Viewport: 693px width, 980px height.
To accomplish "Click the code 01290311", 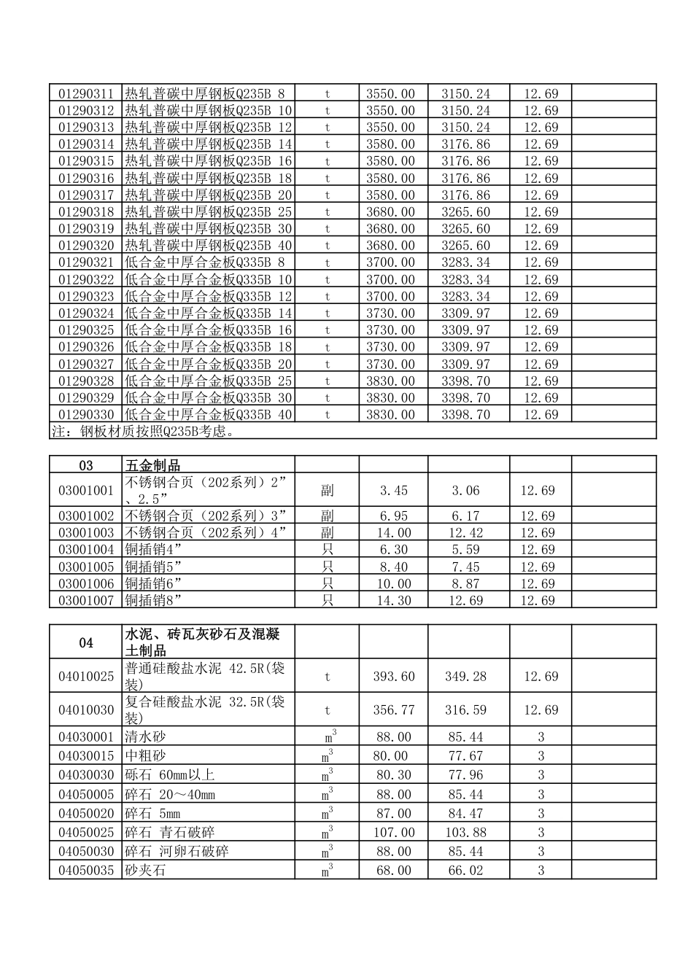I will [x=86, y=94].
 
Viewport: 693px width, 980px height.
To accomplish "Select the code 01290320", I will [x=86, y=246].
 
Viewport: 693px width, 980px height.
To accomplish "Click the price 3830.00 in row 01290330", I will [x=390, y=415].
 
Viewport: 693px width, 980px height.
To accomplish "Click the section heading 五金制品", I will [x=153, y=465].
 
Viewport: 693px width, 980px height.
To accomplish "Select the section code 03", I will [x=86, y=465].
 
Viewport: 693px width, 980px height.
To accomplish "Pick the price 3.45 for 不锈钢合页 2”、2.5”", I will [x=394, y=491].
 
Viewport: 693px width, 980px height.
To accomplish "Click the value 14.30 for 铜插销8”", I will [x=394, y=601].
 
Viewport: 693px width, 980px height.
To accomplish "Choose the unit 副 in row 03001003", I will [x=328, y=533].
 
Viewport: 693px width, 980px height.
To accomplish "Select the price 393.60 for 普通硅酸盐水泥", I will [x=394, y=677].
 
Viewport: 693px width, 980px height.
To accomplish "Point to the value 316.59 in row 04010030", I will [x=465, y=710].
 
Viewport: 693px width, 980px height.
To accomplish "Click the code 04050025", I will [x=86, y=833].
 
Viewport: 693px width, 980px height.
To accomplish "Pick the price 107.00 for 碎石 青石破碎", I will [x=394, y=833].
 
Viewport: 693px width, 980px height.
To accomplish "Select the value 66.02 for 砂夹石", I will [x=465, y=871].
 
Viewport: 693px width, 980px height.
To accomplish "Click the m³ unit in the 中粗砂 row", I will [x=328, y=756].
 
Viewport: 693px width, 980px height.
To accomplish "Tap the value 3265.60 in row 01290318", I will [x=465, y=212].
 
